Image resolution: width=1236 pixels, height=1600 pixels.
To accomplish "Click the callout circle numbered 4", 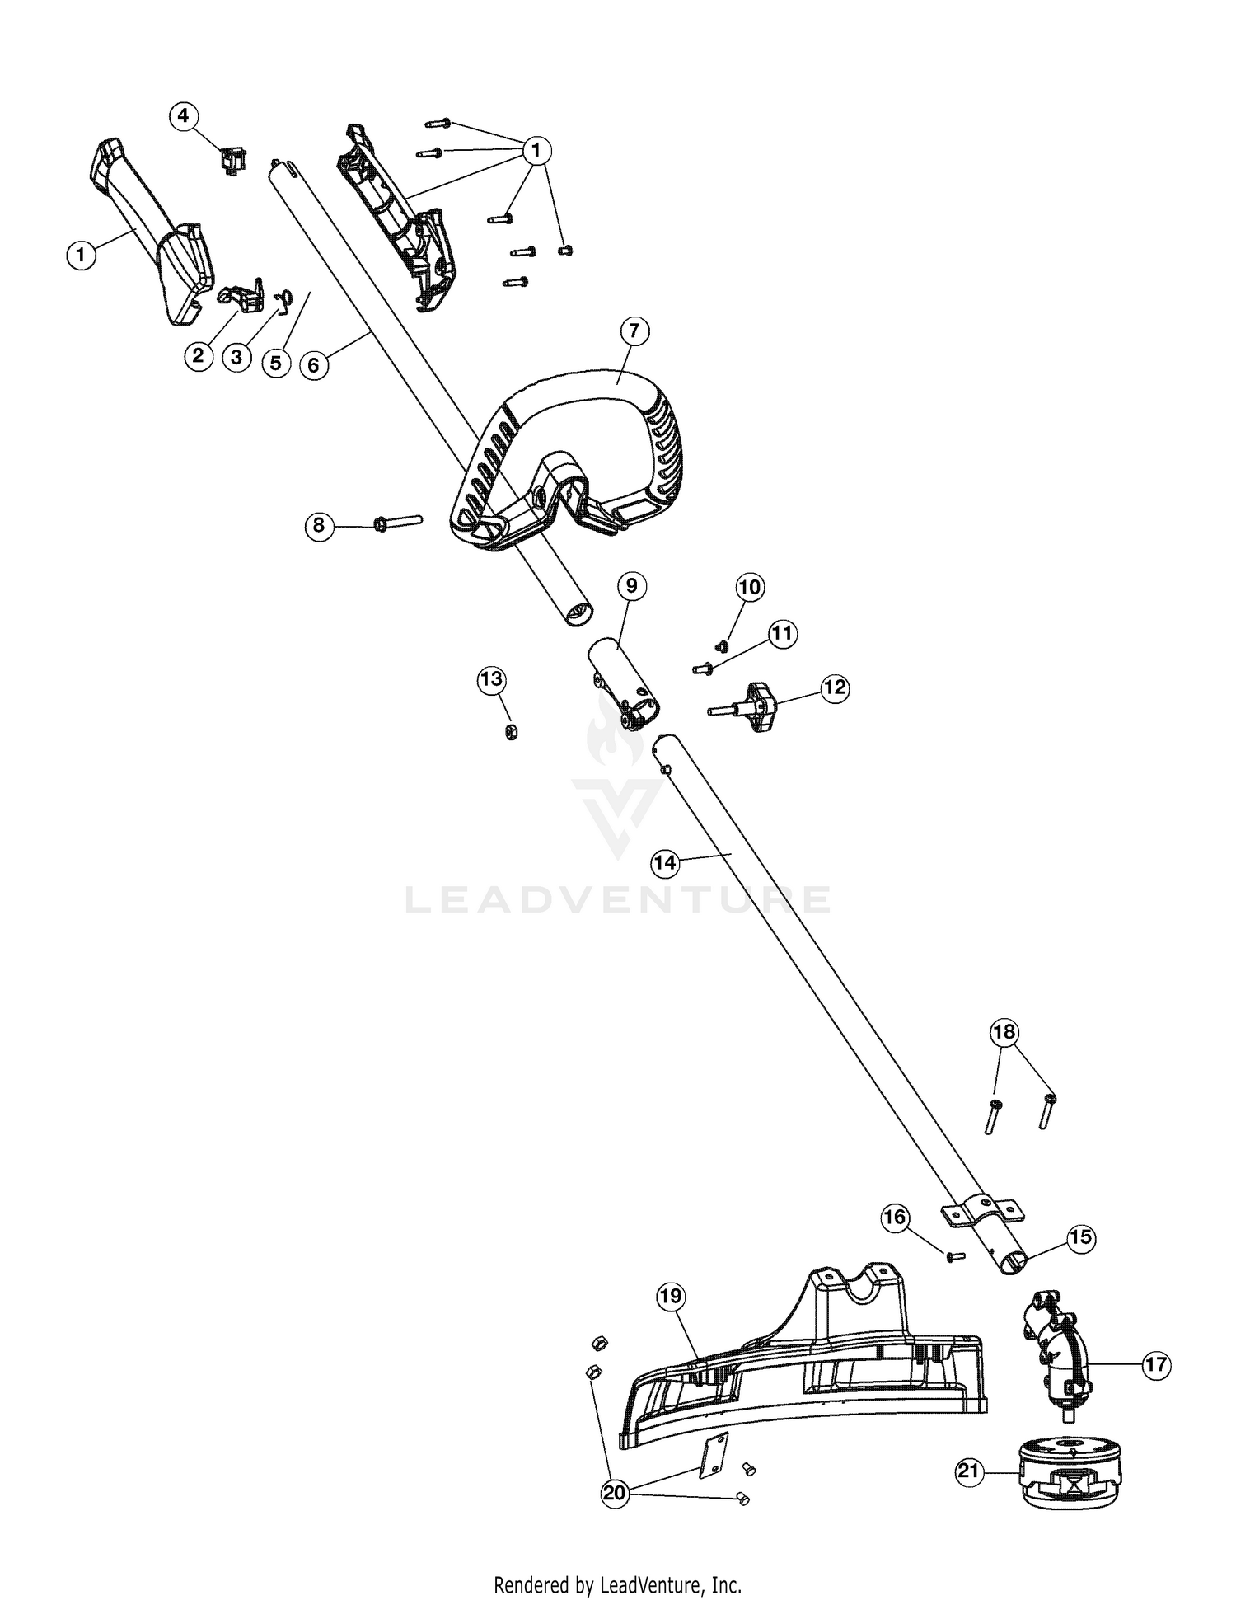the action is tap(184, 116).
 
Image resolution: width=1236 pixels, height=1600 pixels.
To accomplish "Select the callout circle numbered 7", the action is tap(634, 332).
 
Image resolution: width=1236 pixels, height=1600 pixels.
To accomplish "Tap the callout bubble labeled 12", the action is tap(835, 687).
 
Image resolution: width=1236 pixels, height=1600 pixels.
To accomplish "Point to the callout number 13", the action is tap(492, 680).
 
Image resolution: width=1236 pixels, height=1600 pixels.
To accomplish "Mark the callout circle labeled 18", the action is tap(1004, 1032).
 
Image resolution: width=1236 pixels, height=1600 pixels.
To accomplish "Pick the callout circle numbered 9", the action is tap(631, 586).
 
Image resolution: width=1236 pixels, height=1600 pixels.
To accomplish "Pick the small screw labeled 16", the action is tap(955, 1256).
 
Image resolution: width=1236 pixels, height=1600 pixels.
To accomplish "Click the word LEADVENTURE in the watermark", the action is tap(618, 899).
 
